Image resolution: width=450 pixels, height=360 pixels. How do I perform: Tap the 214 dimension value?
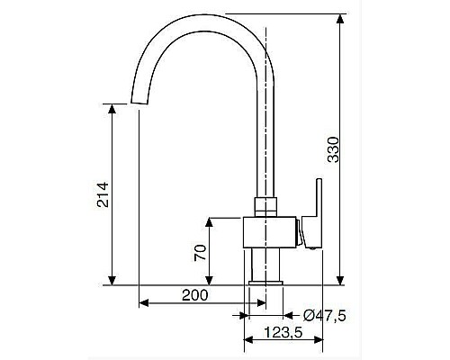point(102,195)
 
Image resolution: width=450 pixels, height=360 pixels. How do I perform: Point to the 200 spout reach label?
point(195,295)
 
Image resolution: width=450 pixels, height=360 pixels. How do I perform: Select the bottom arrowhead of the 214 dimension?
point(112,280)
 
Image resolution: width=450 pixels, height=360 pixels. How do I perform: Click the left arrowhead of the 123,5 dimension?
point(249,343)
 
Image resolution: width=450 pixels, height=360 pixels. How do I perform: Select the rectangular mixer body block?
point(270,233)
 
